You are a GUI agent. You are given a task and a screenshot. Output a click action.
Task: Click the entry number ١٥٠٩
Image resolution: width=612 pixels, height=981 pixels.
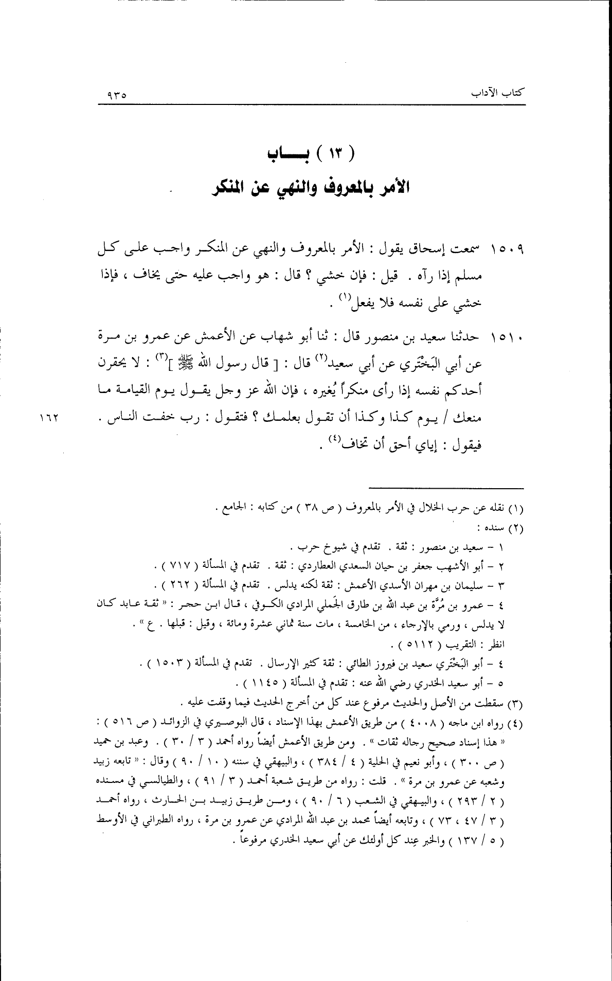[507, 251]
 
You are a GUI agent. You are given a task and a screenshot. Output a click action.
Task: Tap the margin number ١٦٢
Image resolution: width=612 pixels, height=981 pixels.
[49, 418]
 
